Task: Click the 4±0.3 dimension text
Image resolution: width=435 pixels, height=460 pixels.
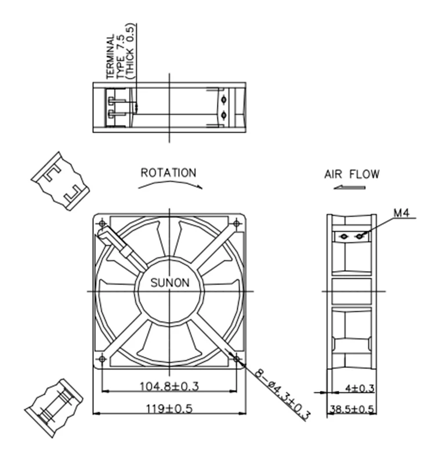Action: pos(360,388)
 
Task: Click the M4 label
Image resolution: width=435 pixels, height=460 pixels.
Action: pos(401,213)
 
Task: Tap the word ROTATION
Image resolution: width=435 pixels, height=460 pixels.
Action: pos(168,173)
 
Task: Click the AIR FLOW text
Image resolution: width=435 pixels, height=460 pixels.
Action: pos(351,174)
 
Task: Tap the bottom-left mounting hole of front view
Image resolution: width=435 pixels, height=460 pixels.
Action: pos(103,359)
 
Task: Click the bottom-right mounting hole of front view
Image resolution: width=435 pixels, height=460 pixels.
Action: pos(236,359)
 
